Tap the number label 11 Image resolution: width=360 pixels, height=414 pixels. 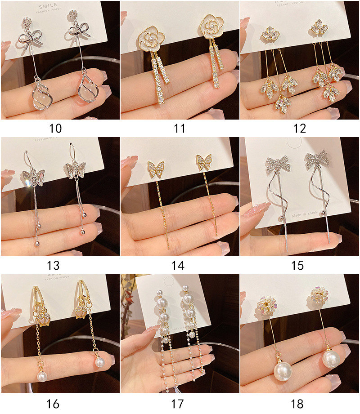180,129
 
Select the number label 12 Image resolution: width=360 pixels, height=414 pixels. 299,129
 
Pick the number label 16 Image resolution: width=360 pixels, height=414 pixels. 53,404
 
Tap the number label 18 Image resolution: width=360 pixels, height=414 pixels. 297,404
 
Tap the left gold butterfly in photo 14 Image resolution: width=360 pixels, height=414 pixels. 155,167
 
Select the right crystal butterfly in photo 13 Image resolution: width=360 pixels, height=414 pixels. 76,169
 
